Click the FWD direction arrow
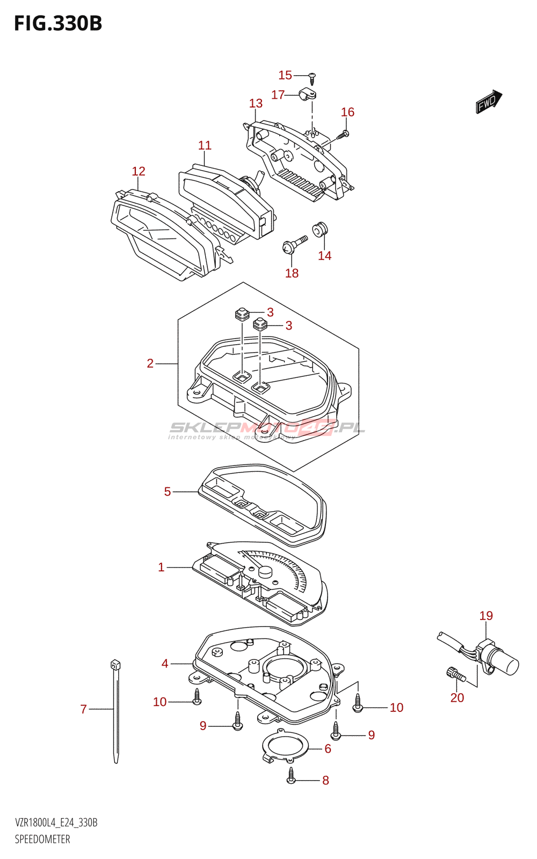[x=488, y=101]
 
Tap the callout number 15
[x=285, y=76]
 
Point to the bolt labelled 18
[x=294, y=245]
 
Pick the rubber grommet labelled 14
[x=321, y=229]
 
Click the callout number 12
[x=139, y=171]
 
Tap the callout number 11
[x=205, y=145]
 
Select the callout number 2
[x=150, y=363]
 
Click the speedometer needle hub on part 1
[x=265, y=572]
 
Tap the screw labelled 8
[x=291, y=776]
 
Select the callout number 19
[x=486, y=616]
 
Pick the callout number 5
[x=168, y=492]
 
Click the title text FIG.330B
[x=58, y=24]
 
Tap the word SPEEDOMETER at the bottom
[x=42, y=839]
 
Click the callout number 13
[x=256, y=103]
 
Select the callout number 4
[x=165, y=664]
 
